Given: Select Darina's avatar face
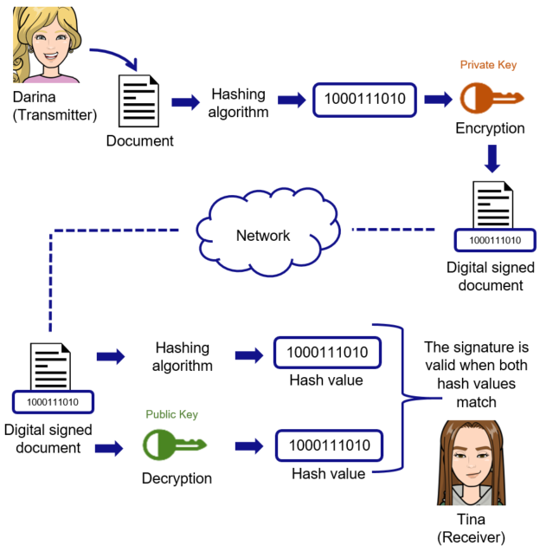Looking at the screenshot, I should tap(46, 45).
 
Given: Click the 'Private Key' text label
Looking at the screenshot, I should tap(489, 65).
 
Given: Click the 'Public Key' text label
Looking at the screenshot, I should tap(171, 414).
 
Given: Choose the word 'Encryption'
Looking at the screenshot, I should tap(490, 128).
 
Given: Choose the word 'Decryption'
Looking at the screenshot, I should tap(177, 477).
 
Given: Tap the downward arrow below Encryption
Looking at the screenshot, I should tap(491, 159).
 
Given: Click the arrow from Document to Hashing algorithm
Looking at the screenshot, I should tap(185, 102).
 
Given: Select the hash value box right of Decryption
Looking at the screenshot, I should tap(328, 445).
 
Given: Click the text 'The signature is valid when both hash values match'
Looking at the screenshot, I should tap(475, 374).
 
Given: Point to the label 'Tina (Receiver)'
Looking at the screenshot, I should tap(472, 528).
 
